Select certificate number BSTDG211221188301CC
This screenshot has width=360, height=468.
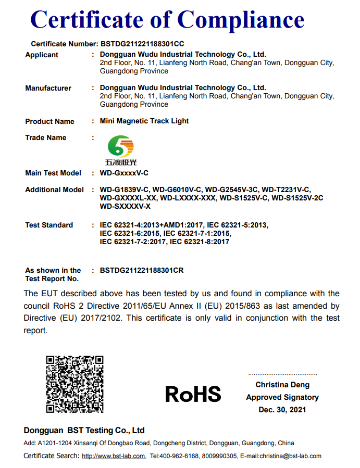pos(142,44)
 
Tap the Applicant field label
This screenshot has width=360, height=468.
pos(42,55)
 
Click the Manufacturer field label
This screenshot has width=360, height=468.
pos(48,88)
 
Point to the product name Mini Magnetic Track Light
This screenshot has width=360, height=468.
pos(144,121)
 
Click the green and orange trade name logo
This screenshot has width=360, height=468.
pos(120,148)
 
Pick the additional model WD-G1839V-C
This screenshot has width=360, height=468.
pos(125,189)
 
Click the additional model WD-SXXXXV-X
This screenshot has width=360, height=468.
pos(125,206)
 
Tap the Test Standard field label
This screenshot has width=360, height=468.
pos(49,225)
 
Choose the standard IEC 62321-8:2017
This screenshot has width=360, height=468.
pos(200,242)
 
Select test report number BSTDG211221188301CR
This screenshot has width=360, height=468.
pos(142,270)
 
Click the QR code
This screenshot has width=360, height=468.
pos(75,385)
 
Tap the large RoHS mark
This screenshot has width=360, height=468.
pos(193,394)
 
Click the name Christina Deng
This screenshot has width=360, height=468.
pos(282,385)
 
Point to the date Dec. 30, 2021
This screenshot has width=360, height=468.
pos(282,410)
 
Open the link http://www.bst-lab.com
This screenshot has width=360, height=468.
pos(114,456)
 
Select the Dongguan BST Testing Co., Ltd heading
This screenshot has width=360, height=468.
pos(84,431)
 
